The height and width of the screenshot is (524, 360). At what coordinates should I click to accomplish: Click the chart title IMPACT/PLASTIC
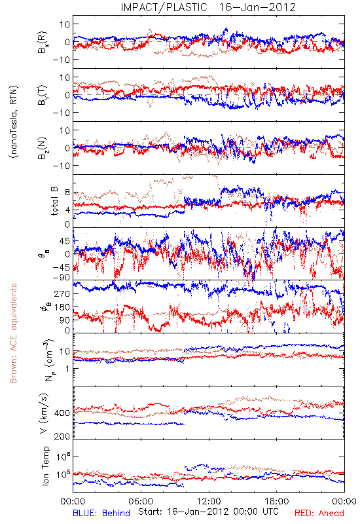[x=164, y=7]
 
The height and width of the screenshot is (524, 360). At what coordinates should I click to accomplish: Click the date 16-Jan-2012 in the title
[x=257, y=7]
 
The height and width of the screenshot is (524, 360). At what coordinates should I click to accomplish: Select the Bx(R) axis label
[x=43, y=42]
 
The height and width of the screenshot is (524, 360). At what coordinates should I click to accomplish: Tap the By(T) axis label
[x=43, y=95]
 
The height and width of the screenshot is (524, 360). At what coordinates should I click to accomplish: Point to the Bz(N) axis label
[x=43, y=148]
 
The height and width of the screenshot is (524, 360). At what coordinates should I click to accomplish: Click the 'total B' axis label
[x=54, y=201]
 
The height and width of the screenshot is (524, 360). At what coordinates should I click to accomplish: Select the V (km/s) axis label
[x=44, y=413]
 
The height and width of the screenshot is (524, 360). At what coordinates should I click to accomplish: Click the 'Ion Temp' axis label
[x=45, y=466]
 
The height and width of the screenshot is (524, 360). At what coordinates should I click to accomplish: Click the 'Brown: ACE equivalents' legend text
[x=13, y=333]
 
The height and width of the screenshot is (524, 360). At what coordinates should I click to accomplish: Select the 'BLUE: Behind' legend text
[x=101, y=513]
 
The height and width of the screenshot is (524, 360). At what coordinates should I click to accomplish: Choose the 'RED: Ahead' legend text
[x=319, y=513]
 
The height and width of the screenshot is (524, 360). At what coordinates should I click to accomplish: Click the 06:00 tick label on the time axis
[x=141, y=501]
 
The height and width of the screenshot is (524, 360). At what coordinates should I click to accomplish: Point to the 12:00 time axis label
[x=209, y=501]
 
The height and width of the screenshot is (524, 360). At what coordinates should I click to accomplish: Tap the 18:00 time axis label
[x=277, y=501]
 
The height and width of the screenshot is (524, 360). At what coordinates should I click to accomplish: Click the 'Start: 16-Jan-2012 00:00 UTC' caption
[x=208, y=512]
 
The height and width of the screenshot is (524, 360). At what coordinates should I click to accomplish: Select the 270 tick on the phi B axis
[x=62, y=293]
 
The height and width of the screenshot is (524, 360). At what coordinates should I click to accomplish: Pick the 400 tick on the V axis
[x=62, y=413]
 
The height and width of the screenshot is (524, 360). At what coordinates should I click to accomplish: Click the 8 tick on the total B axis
[x=67, y=193]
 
